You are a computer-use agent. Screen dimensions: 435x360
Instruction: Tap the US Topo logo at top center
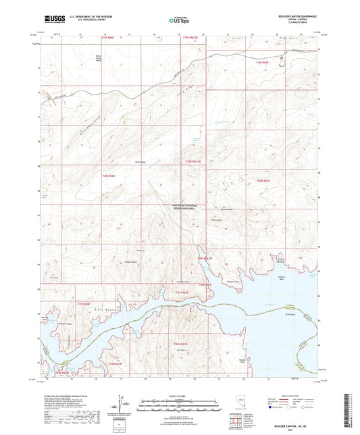pos(180,21)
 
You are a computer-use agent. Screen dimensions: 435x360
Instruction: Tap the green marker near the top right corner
pos(282,66)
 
